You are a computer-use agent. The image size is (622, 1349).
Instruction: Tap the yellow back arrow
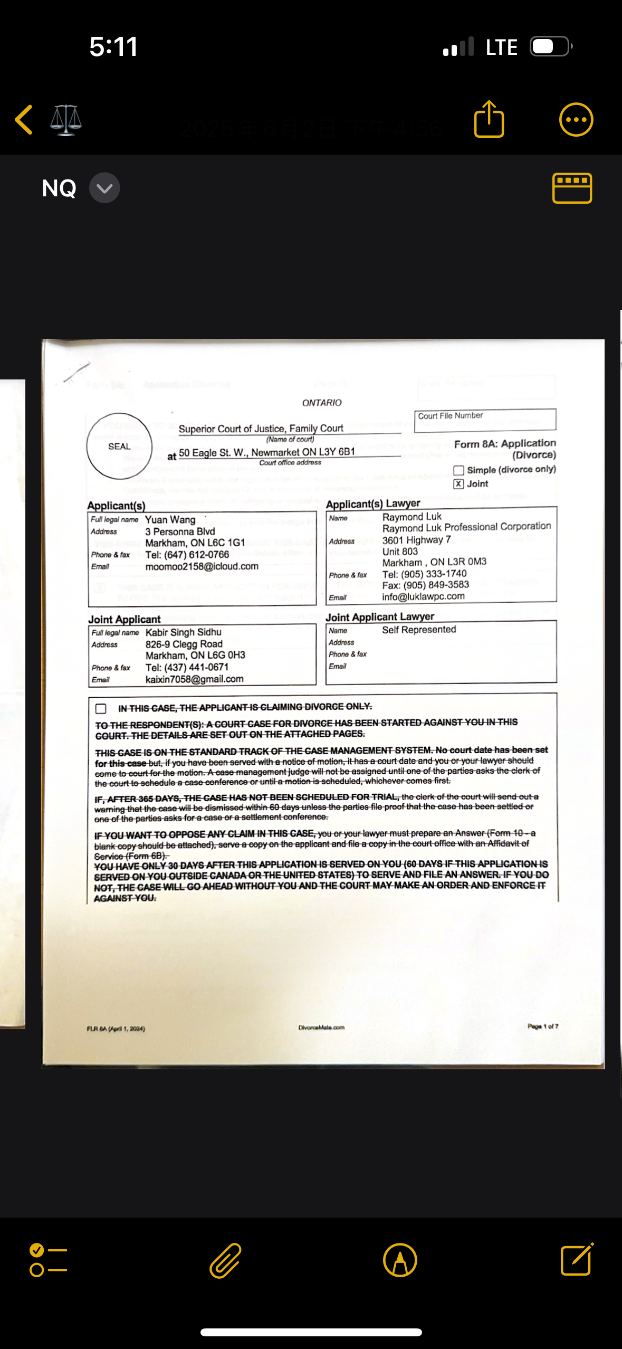[x=24, y=119]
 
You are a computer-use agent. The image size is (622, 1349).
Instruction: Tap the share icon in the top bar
[x=489, y=119]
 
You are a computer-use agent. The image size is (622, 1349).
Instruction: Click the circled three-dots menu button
[x=576, y=119]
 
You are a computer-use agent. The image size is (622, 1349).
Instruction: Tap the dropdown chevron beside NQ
[x=104, y=188]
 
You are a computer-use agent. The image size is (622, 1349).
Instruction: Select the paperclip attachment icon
[x=225, y=1260]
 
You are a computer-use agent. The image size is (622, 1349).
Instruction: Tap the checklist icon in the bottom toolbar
[x=48, y=1260]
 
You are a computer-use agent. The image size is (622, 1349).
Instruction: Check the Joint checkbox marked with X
[x=459, y=484]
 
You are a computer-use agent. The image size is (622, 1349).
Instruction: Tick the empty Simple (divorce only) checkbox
[x=459, y=470]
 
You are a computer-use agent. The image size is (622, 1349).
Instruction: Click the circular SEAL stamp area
[x=119, y=446]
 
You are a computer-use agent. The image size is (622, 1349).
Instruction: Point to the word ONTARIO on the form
[x=322, y=403]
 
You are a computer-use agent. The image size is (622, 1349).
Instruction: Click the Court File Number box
[x=485, y=421]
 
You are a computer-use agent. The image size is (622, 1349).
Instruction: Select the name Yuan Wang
[x=170, y=520]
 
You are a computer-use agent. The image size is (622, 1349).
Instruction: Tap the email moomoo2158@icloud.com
[x=202, y=566]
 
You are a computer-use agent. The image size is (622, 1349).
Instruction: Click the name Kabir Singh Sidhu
[x=184, y=632]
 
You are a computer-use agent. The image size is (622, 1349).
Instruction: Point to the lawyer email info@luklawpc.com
[x=424, y=596]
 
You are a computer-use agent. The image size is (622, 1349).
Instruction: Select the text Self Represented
[x=419, y=630]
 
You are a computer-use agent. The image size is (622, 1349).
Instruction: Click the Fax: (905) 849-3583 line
[x=426, y=585]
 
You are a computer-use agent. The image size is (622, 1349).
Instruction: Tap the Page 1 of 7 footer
[x=543, y=1027]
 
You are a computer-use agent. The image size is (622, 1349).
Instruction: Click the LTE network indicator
[x=501, y=47]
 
